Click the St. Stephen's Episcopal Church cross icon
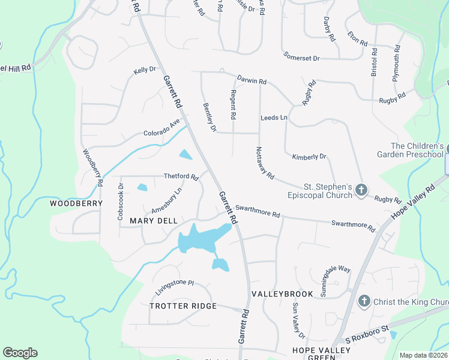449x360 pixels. pos(361,190)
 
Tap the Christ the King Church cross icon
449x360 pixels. pos(363,301)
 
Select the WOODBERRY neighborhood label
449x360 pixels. pos(76,203)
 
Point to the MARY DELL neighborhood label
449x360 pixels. pos(154,221)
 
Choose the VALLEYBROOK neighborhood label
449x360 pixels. pos(282,294)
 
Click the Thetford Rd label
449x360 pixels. pos(181,176)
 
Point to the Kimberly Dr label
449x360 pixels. pos(309,157)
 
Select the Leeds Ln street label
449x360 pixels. pos(274,118)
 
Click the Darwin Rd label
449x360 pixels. pos(252,79)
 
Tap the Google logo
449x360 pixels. pos(20,353)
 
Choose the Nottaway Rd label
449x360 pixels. pos(265,163)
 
